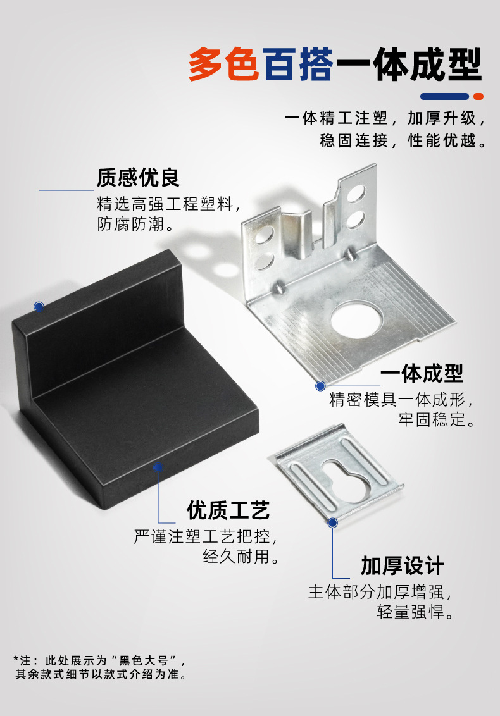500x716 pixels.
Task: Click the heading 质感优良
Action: pos(138,178)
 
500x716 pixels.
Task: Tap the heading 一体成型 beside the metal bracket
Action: pos(422,373)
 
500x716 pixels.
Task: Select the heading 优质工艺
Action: pos(228,509)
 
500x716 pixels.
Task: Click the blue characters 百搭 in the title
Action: pos(298,65)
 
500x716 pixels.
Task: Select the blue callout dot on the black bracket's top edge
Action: pos(39,307)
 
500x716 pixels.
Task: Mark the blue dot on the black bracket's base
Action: pos(158,467)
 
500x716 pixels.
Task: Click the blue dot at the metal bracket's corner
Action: pos(320,385)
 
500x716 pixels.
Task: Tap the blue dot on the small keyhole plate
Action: pos(333,522)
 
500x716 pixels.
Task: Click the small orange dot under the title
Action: pos(478,97)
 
